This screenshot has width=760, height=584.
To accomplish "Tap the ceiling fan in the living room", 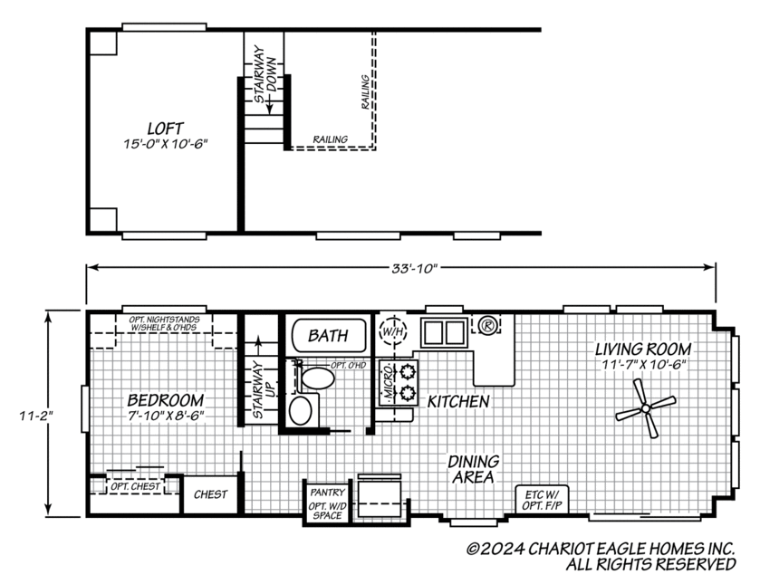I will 645,409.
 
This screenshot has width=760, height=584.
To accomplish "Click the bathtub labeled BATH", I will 328,335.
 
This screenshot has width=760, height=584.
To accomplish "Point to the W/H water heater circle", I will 392,331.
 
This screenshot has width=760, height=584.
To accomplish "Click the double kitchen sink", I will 443,332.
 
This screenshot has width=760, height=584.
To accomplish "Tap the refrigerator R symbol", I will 487,323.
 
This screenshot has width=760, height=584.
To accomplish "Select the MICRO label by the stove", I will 387,381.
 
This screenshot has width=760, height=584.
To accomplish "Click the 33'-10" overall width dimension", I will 400,268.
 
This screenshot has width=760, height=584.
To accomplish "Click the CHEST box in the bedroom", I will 211,494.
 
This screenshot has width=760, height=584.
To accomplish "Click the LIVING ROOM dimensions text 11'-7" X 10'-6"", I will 643,364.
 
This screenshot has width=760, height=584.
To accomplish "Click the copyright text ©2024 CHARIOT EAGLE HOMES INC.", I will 600,549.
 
